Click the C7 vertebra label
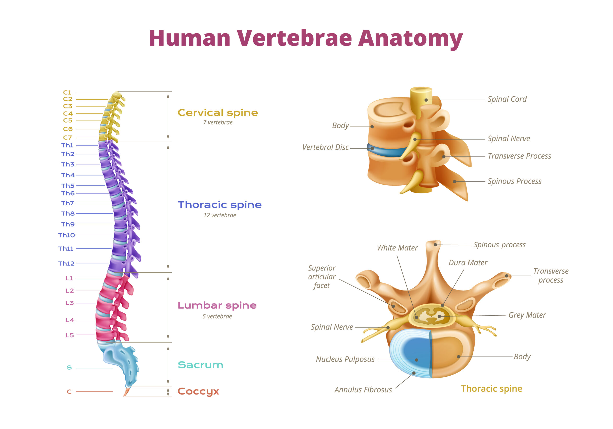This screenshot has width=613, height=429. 67,138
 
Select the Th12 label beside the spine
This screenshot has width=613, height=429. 66,264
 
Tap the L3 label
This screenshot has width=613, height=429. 69,303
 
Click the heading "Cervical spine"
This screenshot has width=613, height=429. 218,113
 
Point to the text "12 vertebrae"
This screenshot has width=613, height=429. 220,215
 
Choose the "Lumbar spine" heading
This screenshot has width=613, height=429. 217,305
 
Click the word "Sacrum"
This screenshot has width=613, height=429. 200,365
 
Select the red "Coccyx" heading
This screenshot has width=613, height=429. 198,391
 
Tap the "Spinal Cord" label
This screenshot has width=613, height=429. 507,99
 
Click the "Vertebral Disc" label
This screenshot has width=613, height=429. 325,147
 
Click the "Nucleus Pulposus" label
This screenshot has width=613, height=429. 345,359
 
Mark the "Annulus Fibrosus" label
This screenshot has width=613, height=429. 363,390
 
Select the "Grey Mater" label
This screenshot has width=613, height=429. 527,315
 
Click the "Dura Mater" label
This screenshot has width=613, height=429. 468,263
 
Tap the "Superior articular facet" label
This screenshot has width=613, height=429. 322,277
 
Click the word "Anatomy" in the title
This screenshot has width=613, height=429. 410,38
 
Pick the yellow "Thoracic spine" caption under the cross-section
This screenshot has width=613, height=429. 492,389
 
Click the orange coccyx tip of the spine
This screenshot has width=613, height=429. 126,392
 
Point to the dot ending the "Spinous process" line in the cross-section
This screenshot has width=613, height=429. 435,244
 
